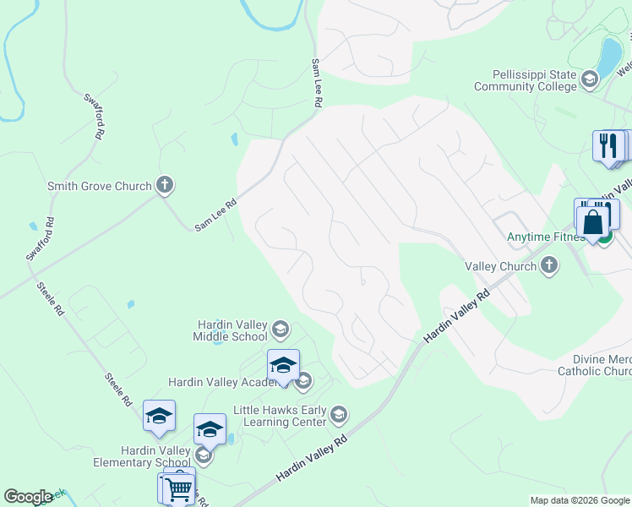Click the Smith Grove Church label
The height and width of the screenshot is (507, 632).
pos(99,186)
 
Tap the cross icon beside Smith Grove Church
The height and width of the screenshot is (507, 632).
pos(164,185)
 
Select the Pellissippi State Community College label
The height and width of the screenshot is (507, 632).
pos(525,81)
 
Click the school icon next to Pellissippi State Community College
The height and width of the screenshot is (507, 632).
pos(590,80)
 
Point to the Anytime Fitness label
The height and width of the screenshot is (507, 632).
pos(545,237)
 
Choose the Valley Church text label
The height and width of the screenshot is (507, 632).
pos(501,266)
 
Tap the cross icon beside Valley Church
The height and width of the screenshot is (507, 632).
pos(549,266)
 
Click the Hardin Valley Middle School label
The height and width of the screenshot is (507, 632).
pos(232,330)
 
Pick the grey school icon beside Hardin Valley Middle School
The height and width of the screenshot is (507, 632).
pos(281,330)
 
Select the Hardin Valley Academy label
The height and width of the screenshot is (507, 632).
pos(222,382)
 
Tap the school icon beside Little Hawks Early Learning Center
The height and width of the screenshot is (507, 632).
pos(338,413)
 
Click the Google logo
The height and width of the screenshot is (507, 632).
pos(28,497)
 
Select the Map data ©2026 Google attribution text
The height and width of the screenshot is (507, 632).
pos(579,500)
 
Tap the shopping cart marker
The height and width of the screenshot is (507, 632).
pos(179,487)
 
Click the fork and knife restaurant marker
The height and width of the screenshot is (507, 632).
pos(608,144)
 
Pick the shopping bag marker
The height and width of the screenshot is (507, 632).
pos(594,221)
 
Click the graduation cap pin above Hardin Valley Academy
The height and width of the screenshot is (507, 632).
pos(283,365)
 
